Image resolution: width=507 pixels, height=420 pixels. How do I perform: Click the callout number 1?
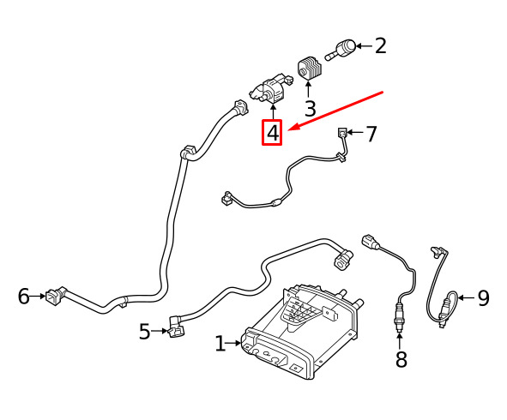(x=220, y=343)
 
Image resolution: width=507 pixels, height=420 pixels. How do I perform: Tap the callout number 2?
(x=381, y=46)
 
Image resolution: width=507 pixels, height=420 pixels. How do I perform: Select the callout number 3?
(x=310, y=109)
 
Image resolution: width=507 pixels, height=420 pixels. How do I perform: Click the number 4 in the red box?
(x=273, y=133)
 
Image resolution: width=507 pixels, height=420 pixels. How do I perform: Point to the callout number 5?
(x=145, y=331)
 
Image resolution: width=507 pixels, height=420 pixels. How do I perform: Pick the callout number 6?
(x=24, y=296)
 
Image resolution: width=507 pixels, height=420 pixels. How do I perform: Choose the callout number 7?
(x=371, y=134)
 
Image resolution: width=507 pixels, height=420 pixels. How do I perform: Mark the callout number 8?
(x=401, y=358)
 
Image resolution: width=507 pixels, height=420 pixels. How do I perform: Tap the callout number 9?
(x=483, y=298)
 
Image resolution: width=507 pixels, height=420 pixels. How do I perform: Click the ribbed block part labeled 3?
(x=309, y=67)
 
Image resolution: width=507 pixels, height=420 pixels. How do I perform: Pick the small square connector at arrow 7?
(x=342, y=133)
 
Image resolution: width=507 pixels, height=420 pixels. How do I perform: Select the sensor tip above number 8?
(x=400, y=325)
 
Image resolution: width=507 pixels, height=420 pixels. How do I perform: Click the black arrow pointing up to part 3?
(x=308, y=89)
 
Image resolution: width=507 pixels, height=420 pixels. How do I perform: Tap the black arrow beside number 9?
(x=466, y=297)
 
